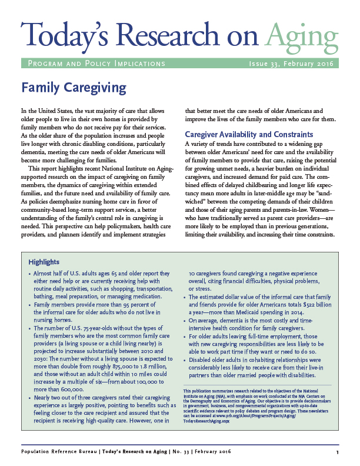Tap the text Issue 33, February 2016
coord(292,64)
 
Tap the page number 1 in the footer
coord(337,452)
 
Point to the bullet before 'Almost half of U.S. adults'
coord(30,274)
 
